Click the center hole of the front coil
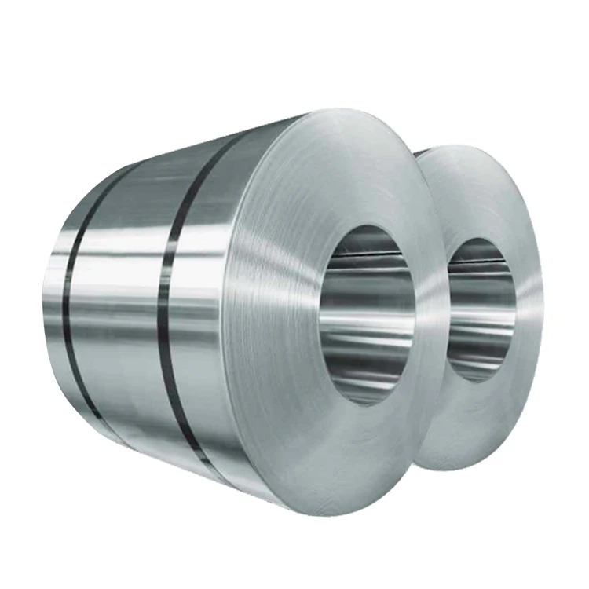pyautogui.click(x=368, y=314)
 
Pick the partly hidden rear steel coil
pyautogui.click(x=503, y=236)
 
